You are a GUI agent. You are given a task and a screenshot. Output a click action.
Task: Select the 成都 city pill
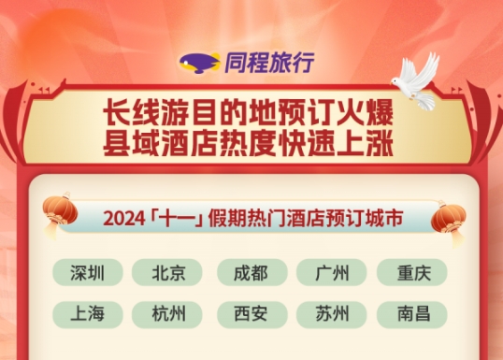coord(250,273)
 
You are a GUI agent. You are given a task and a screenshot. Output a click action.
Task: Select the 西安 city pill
coord(250,313)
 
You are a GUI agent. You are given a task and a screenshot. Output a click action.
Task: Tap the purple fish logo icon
coord(199,64)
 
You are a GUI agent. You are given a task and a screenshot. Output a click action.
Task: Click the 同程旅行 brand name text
coord(268,63)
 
